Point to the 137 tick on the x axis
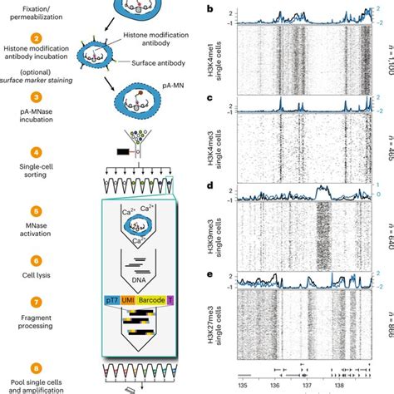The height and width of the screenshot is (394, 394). point(307,387)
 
